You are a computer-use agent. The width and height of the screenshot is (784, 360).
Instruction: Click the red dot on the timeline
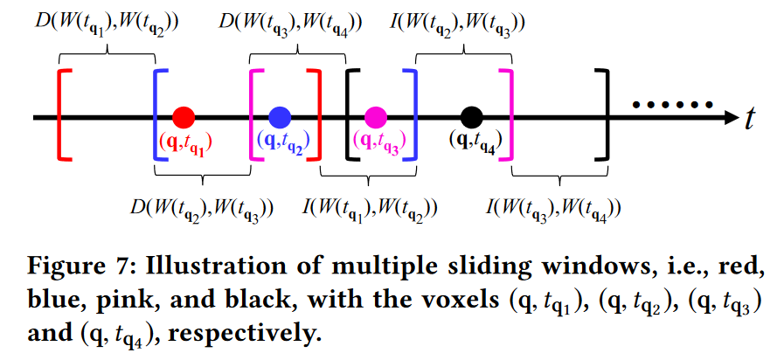click(x=184, y=116)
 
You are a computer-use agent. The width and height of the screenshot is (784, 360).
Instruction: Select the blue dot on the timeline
click(x=280, y=116)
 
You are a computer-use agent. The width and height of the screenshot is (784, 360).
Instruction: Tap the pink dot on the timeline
click(x=376, y=116)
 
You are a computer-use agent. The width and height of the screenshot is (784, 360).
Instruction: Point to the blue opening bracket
click(x=157, y=115)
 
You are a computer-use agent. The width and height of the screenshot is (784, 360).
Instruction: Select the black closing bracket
click(x=601, y=115)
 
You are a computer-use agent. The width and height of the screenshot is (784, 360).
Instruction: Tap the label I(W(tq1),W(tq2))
click(x=370, y=209)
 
